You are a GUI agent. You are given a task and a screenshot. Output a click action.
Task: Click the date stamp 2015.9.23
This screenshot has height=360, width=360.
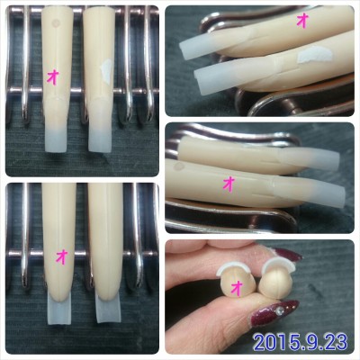pos(301,342)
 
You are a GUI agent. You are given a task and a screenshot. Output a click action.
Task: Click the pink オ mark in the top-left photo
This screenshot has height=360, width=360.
pos(52,78)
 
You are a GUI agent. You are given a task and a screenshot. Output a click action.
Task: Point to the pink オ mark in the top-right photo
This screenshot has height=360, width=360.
pos(302,22)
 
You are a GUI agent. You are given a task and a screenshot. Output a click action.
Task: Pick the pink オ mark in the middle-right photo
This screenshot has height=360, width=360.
pos(229,184)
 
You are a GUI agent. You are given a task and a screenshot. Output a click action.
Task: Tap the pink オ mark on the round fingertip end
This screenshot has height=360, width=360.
pos(238,289)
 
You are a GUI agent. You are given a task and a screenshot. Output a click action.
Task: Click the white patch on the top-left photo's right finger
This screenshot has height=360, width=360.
pos(105,70)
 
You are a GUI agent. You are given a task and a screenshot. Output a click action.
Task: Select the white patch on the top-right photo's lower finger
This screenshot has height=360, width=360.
pos(314,57)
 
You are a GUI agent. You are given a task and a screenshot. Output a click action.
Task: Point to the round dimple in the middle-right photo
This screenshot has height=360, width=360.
pos(180,166)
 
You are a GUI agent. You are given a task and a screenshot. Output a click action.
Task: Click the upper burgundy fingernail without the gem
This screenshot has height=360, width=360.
pos(286,256)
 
